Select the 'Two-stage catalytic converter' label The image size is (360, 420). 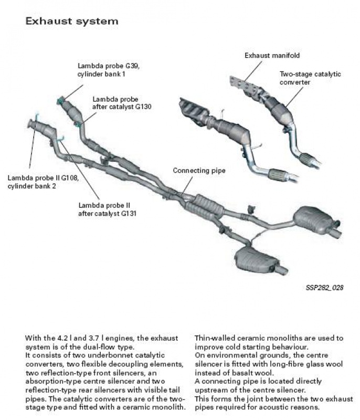[x=310, y=78]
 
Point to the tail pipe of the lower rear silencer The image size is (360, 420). [x=280, y=270]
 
